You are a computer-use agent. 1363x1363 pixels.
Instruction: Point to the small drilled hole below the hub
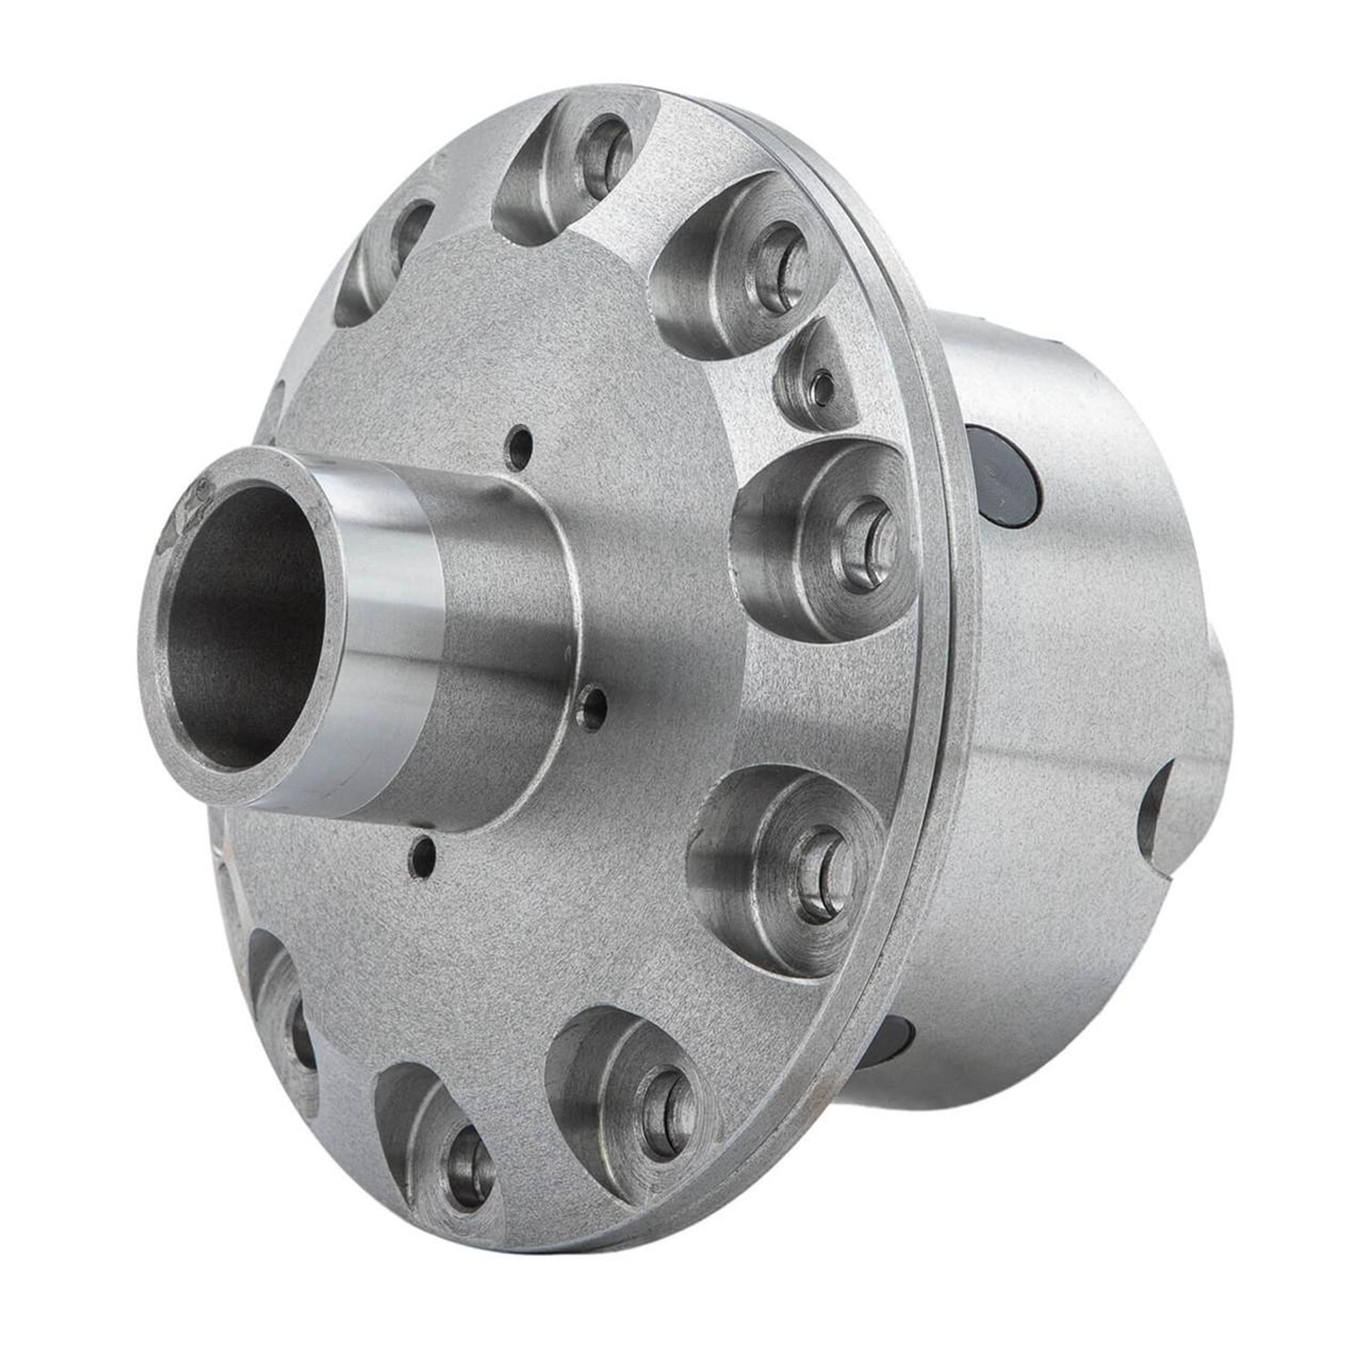point(424,855)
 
